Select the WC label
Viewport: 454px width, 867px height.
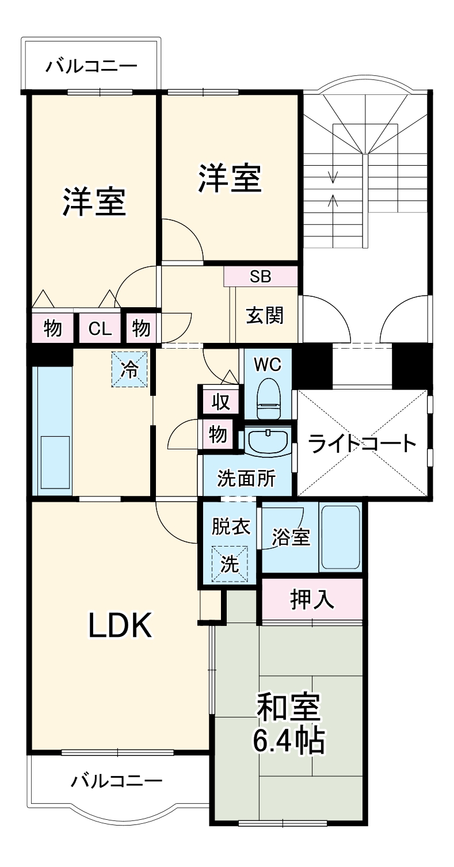pos(268,365)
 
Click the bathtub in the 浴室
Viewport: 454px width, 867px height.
pos(339,537)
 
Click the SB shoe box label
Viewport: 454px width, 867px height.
pos(261,277)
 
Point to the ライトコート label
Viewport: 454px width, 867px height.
pos(362,444)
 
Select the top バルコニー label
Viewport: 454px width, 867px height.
pos(91,65)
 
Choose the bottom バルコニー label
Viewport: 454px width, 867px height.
pos(117,781)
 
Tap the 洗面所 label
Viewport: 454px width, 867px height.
pos(246,478)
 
